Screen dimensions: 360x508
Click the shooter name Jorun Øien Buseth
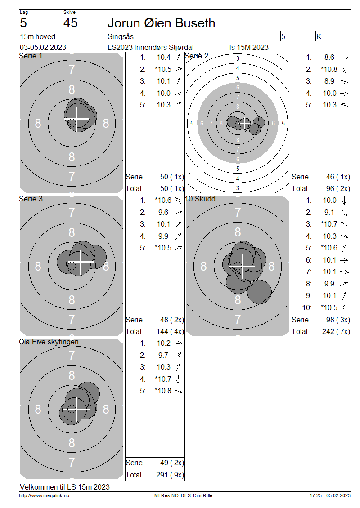pos(162,23)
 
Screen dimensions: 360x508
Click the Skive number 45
pos(71,23)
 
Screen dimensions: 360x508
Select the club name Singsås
pos(121,36)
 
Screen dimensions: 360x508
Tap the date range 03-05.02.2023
pos(43,47)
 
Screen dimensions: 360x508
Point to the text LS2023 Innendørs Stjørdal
pos(151,47)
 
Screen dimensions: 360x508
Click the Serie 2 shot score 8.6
pos(329,58)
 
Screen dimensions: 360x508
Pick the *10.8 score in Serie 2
pos(329,69)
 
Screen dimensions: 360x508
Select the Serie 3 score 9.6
pos(163,212)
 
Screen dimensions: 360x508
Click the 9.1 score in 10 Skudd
pos(329,212)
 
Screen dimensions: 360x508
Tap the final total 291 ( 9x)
pos(170,475)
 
